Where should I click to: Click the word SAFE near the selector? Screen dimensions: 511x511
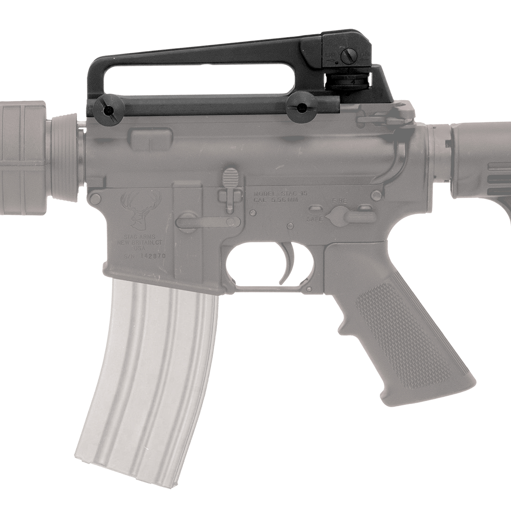(x=315, y=219)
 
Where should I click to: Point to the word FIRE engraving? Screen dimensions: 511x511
(x=339, y=200)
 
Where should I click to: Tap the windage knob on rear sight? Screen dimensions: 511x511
(x=348, y=55)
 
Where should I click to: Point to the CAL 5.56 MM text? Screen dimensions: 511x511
(x=279, y=199)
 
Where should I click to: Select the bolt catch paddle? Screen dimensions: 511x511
(x=230, y=177)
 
